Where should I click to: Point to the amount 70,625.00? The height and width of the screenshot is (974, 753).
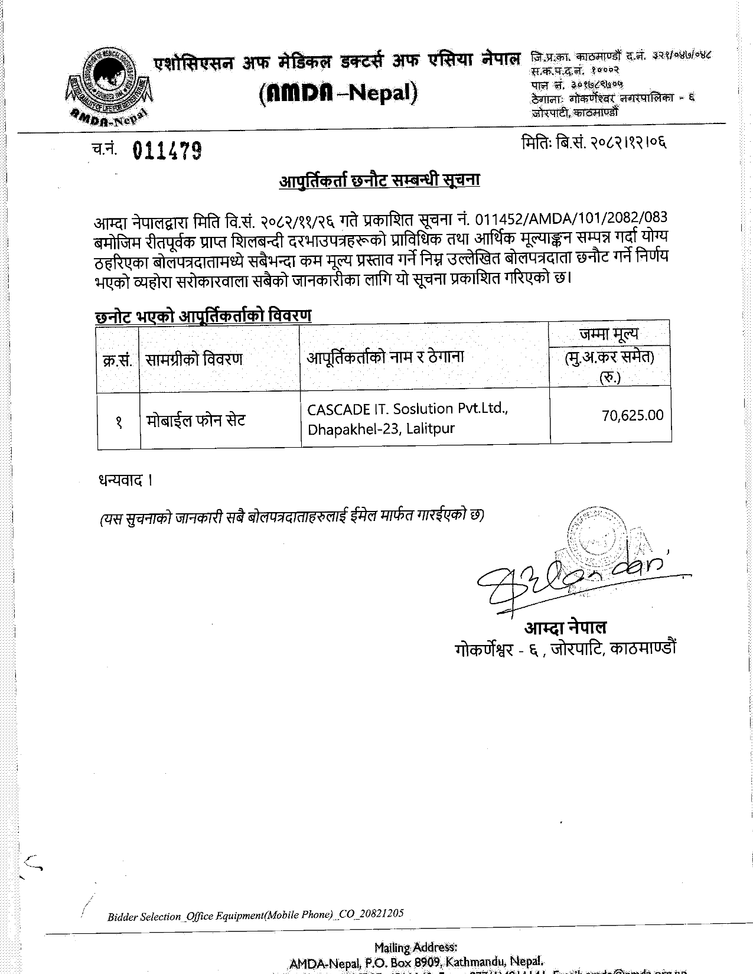[633, 415]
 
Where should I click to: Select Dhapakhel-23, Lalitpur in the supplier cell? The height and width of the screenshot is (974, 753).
[381, 429]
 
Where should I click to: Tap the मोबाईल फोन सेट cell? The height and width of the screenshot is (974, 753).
[195, 421]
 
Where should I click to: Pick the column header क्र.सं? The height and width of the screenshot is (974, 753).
[118, 360]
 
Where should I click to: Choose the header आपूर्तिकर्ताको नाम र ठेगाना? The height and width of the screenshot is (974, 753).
[385, 357]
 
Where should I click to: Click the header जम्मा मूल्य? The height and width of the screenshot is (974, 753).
[609, 334]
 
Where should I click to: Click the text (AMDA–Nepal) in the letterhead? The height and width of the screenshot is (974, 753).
[338, 93]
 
